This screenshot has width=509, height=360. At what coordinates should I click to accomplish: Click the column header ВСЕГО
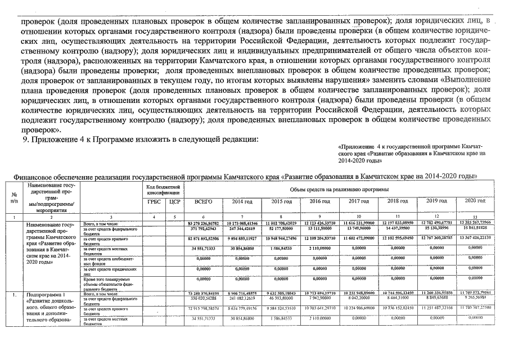click(204, 201)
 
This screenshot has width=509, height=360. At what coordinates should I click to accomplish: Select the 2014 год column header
click(242, 201)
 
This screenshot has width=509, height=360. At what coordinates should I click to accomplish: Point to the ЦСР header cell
click(174, 201)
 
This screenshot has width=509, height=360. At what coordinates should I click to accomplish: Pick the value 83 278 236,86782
click(203, 224)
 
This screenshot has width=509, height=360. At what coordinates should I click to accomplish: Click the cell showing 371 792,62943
click(203, 229)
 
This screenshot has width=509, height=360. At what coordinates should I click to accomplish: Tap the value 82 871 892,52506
click(203, 239)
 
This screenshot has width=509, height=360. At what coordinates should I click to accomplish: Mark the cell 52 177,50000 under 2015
click(280, 229)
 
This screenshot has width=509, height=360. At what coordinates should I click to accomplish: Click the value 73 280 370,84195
click(203, 294)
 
